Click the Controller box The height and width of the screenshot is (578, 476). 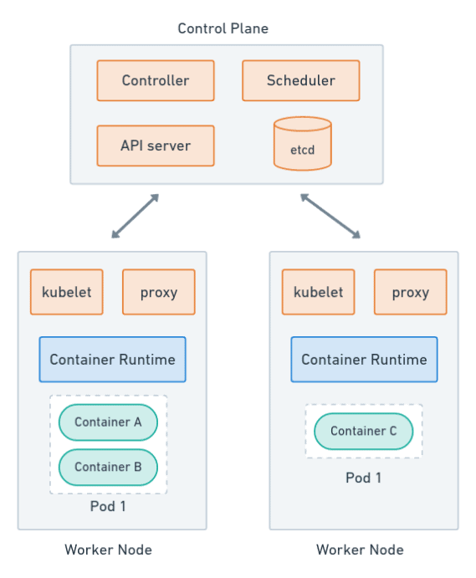[x=156, y=80]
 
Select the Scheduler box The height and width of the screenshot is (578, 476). [x=301, y=80]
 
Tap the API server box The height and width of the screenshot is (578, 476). [x=156, y=146]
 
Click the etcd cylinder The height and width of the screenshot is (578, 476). [x=303, y=144]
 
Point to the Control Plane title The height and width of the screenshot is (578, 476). [x=223, y=28]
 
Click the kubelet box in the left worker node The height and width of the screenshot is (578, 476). [x=67, y=292]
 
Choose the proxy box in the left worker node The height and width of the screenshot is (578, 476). [x=159, y=292]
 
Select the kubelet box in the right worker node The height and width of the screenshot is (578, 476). [x=319, y=292]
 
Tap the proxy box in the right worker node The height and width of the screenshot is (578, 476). [x=411, y=292]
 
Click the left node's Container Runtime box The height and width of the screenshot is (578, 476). [x=112, y=360]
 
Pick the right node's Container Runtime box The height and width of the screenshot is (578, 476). [x=364, y=360]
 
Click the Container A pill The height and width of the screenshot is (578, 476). [x=108, y=422]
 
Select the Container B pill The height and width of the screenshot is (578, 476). [x=108, y=467]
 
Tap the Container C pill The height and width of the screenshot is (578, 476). [x=364, y=432]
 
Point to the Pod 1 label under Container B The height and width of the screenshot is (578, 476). [x=108, y=506]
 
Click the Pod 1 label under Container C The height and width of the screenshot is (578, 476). [x=364, y=478]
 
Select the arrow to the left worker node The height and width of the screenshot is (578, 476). [x=136, y=216]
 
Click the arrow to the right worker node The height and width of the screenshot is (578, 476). [x=330, y=216]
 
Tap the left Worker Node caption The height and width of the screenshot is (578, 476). [x=109, y=550]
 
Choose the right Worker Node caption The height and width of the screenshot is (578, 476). [x=361, y=550]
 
